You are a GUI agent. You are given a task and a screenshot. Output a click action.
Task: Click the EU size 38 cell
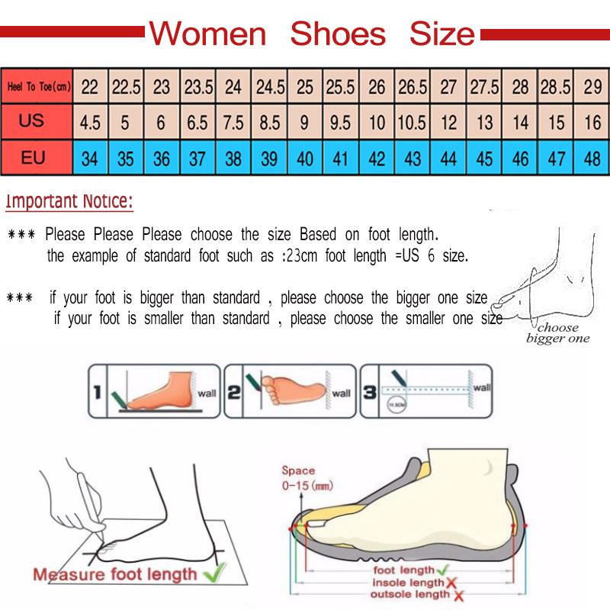233,159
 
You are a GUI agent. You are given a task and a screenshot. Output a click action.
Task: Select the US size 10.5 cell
413,123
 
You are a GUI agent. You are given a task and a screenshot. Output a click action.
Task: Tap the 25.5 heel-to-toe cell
341,87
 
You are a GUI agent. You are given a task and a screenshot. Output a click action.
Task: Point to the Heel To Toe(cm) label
38,88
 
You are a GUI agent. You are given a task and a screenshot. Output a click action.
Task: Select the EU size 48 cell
592,159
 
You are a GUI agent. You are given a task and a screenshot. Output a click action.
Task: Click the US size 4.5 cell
90,123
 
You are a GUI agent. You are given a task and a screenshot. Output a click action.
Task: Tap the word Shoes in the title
339,34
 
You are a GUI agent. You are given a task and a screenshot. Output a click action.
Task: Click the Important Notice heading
69,202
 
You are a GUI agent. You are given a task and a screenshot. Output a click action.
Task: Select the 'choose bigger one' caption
557,333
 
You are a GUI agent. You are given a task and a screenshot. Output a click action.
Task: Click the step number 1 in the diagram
97,393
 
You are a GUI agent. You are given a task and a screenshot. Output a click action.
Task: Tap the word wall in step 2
341,393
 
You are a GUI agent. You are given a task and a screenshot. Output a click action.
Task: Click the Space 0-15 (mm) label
302,478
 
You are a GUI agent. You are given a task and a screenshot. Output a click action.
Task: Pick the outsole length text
410,595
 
